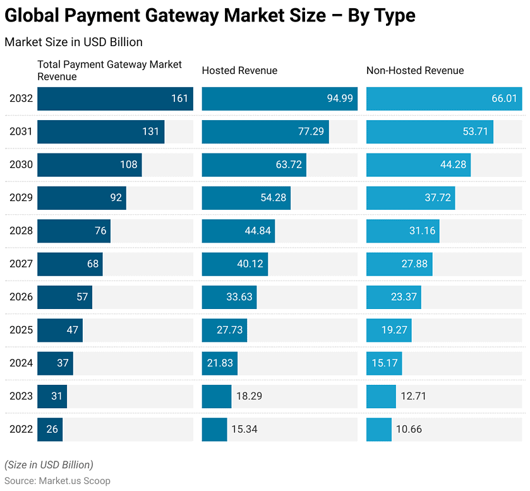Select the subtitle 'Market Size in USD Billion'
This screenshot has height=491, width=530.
[73, 42]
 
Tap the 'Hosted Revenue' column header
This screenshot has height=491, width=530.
[239, 71]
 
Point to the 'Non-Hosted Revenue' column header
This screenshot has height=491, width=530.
[415, 71]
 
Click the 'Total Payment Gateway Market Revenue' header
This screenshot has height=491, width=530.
[109, 70]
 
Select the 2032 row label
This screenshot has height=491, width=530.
[21, 99]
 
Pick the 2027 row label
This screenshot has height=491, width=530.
[21, 264]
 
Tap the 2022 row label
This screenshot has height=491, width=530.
[21, 429]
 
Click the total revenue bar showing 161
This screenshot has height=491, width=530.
[115, 99]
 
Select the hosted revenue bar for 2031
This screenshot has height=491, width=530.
[265, 132]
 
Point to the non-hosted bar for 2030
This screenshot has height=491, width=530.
[418, 165]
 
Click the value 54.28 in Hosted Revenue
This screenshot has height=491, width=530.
[273, 198]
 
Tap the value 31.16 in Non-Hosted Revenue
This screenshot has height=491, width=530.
[422, 231]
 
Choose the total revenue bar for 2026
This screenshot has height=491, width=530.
[64, 297]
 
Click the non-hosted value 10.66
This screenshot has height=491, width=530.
[409, 429]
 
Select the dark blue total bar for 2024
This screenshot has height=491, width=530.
[55, 363]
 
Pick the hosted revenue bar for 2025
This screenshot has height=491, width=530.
[224, 330]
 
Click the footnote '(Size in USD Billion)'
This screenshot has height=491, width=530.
[49, 464]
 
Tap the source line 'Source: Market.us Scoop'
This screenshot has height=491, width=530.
[57, 480]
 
